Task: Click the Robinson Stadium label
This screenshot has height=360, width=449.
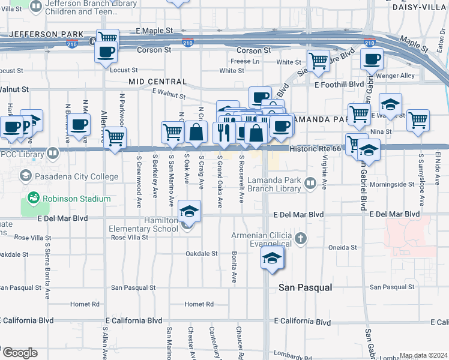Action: (x=76, y=199)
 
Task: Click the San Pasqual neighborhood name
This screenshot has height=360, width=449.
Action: (x=306, y=288)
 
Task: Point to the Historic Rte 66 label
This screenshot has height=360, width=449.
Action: (x=315, y=149)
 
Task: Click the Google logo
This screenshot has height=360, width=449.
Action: (x=19, y=353)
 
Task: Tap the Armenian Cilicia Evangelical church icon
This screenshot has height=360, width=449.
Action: (x=301, y=239)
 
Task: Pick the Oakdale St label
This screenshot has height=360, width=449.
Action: (x=201, y=254)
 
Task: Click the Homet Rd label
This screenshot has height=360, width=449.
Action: (x=199, y=304)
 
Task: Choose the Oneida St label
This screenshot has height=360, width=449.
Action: (x=343, y=247)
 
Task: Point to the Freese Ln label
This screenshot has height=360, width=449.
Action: (x=245, y=61)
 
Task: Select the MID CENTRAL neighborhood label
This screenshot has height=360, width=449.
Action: (x=157, y=82)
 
